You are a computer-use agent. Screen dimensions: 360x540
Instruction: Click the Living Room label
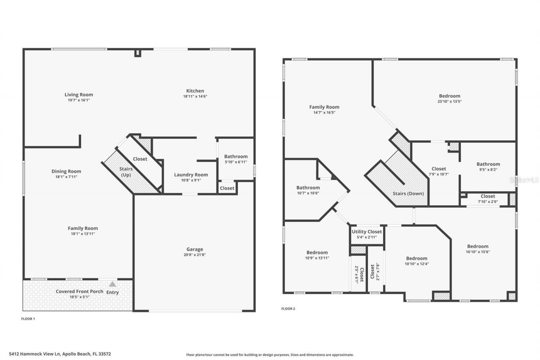pyautogui.click(x=78, y=95)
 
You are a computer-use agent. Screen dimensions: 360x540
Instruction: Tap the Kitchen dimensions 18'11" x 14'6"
pyautogui.click(x=195, y=96)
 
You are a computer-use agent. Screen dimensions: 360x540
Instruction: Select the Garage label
pyautogui.click(x=195, y=249)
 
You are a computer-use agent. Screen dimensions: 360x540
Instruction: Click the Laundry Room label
pyautogui.click(x=191, y=175)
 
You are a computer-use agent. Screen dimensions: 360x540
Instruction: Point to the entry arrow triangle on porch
pyautogui.click(x=112, y=284)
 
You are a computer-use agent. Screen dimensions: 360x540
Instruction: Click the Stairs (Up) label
pyautogui.click(x=126, y=172)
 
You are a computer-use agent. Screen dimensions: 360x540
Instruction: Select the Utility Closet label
pyautogui.click(x=367, y=232)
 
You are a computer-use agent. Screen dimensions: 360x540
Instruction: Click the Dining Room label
pyautogui.click(x=66, y=171)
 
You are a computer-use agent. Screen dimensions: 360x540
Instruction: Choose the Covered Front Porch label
pyautogui.click(x=80, y=292)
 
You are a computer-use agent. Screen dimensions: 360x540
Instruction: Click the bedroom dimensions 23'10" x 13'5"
pyautogui.click(x=449, y=101)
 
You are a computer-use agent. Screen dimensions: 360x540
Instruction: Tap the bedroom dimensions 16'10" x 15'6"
pyautogui.click(x=478, y=252)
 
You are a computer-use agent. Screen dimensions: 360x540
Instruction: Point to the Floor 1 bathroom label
pyautogui.click(x=236, y=157)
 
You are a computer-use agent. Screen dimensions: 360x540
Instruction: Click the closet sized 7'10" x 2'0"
pyautogui.click(x=488, y=196)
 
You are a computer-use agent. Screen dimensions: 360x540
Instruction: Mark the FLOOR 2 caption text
pyautogui.click(x=288, y=309)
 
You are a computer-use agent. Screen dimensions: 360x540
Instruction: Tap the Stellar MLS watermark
pyautogui.click(x=524, y=180)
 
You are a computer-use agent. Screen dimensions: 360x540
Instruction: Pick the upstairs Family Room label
pyautogui.click(x=324, y=107)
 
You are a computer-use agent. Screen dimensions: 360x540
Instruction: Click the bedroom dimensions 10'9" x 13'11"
pyautogui.click(x=317, y=258)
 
